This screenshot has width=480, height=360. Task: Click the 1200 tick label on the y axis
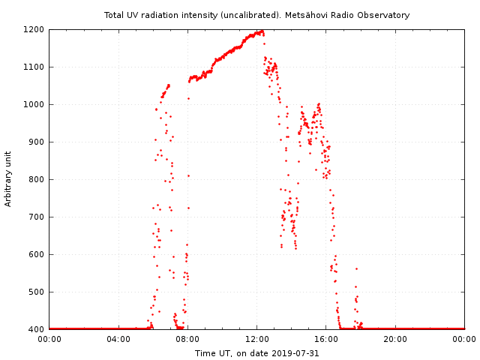pos(34,30)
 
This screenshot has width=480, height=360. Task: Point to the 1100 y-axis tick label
pos(34,67)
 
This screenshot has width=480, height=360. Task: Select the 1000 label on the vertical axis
pos(34,105)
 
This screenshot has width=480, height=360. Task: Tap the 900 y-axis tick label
pos(37,142)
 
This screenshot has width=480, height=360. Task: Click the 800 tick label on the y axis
pos(37,180)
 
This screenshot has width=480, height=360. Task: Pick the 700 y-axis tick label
pos(37,217)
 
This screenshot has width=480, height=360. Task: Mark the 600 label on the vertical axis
pos(37,255)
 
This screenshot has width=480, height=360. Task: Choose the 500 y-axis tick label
pos(37,292)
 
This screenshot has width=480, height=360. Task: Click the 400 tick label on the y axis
pos(37,330)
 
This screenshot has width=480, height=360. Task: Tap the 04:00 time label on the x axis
pos(118,339)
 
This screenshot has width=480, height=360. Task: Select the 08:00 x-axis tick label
pos(187,339)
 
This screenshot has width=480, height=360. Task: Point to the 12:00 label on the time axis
pos(256,339)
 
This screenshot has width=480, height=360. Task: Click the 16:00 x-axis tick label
pos(326,339)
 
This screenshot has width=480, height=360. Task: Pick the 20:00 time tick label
pos(395,339)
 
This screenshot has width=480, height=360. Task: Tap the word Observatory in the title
pos(384,15)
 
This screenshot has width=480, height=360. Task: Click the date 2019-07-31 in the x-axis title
pos(295,353)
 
